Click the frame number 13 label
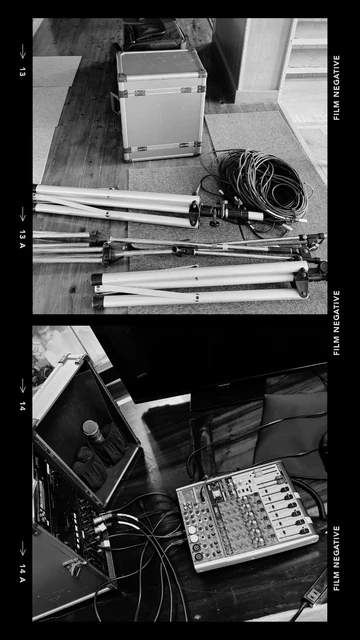22,71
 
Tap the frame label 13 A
22,239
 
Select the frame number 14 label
22,405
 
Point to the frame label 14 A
22,573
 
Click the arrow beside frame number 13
22,51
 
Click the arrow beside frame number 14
22,386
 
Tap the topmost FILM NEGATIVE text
337,88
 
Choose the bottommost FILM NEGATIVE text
337,558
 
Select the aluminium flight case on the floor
161,104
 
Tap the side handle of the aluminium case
114,103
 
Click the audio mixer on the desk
247,515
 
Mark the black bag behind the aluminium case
153,35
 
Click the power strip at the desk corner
315,587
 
